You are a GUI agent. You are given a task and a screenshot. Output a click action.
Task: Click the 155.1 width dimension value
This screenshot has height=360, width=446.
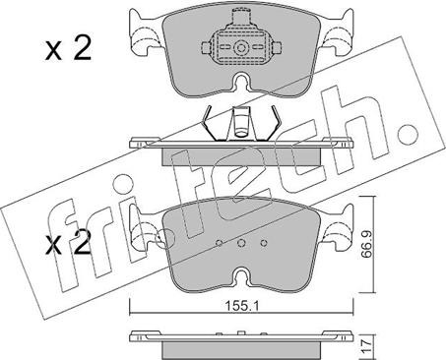pyautogui.click(x=242, y=306)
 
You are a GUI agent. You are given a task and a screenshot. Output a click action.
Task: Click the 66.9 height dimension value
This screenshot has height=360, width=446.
pyautogui.click(x=366, y=244)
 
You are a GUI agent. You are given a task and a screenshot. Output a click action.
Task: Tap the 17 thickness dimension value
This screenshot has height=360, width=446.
pyautogui.click(x=366, y=345)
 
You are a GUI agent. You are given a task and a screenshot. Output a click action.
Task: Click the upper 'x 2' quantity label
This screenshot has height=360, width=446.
pyautogui.click(x=68, y=48)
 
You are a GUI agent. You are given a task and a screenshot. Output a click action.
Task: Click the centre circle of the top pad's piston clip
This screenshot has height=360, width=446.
pyautogui.click(x=241, y=48)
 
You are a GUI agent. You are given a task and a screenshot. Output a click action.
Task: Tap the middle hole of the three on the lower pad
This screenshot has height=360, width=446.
pyautogui.click(x=241, y=243)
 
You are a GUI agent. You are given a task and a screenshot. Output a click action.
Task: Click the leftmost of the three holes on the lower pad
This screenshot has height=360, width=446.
pyautogui.click(x=220, y=243)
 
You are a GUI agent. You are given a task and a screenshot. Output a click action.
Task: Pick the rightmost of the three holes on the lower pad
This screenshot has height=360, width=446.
pyautogui.click(x=264, y=243)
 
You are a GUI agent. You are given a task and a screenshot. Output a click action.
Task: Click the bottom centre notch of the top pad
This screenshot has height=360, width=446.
pyautogui.click(x=241, y=82)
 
